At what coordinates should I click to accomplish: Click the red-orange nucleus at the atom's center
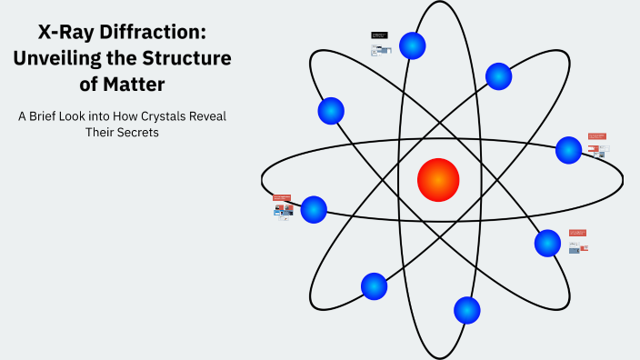[x=438, y=180]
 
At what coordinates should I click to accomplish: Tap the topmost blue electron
[x=413, y=45]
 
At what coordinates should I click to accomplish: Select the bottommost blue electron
[x=466, y=311]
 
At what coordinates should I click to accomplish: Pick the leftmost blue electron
[x=314, y=209]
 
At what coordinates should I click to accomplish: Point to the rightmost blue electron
[x=568, y=150]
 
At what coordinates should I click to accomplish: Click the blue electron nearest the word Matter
[x=331, y=111]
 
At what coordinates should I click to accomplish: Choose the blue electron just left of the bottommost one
[x=374, y=286]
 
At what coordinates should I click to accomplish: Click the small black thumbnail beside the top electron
[x=379, y=35]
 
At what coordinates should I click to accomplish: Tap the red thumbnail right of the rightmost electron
[x=596, y=136]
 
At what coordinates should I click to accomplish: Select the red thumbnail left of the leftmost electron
[x=281, y=197]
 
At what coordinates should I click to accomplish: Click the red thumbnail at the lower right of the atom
[x=577, y=233]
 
